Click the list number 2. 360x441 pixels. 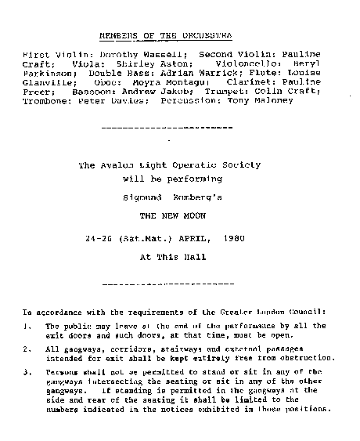(x=27, y=349)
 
